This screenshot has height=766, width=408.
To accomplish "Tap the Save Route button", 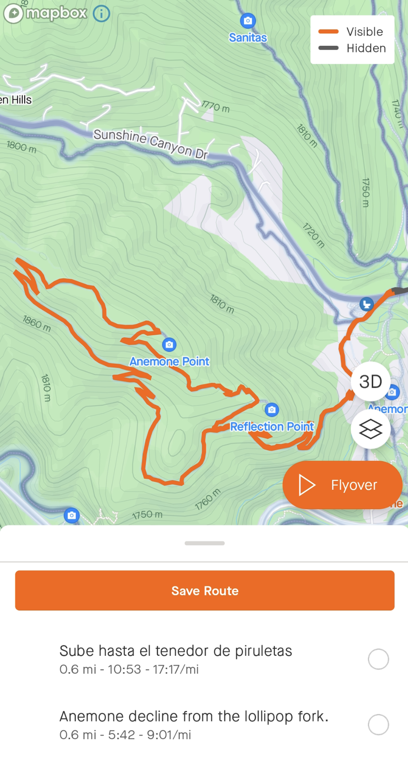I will click(204, 590).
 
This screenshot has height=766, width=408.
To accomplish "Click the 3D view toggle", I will click(370, 381).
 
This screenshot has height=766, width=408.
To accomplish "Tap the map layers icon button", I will click(370, 429).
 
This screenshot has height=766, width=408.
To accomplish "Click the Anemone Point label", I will click(169, 362).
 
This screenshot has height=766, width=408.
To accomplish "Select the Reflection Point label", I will click(272, 426).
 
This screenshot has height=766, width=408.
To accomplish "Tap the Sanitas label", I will click(248, 38).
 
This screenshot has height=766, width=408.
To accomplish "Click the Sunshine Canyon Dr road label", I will click(150, 143).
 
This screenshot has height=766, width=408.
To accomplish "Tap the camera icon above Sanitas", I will click(248, 20).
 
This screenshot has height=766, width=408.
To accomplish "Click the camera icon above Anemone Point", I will click(169, 344).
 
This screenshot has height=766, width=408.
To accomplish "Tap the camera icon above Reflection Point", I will click(272, 410).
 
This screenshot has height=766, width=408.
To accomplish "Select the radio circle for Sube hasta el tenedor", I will click(378, 659).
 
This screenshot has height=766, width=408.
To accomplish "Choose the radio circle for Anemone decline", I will click(378, 725).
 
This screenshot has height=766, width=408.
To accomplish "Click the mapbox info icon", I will click(101, 14).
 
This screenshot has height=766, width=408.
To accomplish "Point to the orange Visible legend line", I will click(328, 32).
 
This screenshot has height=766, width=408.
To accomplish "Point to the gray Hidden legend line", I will click(328, 48).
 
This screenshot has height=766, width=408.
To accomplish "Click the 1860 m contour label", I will click(37, 323).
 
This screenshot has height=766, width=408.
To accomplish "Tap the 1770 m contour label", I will click(216, 106).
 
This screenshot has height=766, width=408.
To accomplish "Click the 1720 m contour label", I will click(313, 235).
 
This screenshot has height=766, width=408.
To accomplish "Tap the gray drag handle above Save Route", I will click(204, 543).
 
